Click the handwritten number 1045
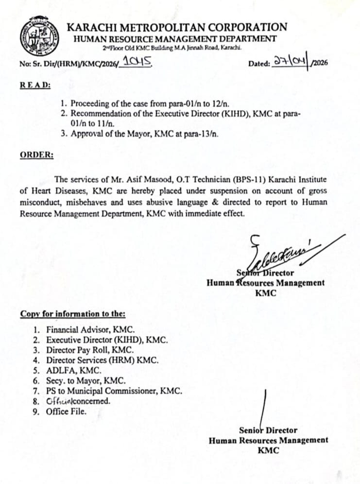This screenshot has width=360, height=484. pyautogui.click(x=138, y=61)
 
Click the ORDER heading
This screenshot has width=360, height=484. pyautogui.click(x=37, y=155)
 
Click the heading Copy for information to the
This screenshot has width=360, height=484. pyautogui.click(x=73, y=314)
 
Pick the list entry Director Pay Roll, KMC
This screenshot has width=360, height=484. pyautogui.click(x=90, y=349)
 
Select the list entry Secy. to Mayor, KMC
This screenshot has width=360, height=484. pyautogui.click(x=86, y=380)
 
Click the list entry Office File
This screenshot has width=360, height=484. pyautogui.click(x=66, y=412)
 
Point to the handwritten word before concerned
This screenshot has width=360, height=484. pyautogui.click(x=63, y=401)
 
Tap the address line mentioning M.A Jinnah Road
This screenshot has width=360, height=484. pyautogui.click(x=172, y=48)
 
